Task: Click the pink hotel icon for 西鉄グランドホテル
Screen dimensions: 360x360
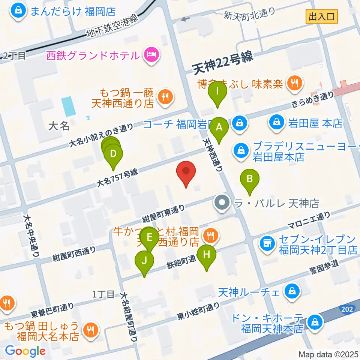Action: point(152,55)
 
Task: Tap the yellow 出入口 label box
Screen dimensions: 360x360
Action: point(322,16)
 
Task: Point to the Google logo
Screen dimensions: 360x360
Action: point(25,351)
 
